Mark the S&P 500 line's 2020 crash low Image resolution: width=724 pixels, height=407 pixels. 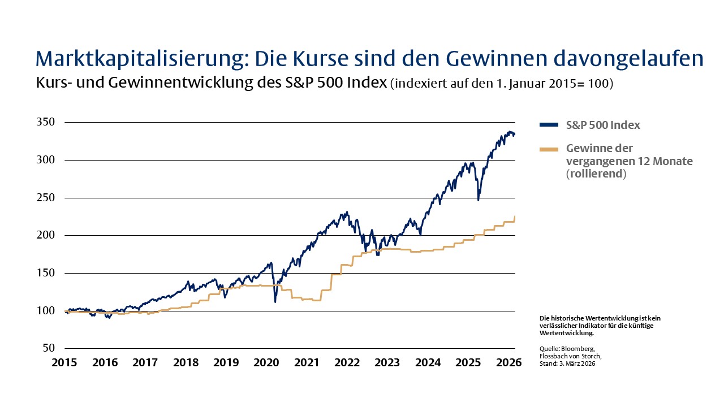coord(275,302)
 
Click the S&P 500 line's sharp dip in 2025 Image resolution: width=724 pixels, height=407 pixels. coord(479,200)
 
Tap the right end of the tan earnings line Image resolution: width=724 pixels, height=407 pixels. coord(515,217)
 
